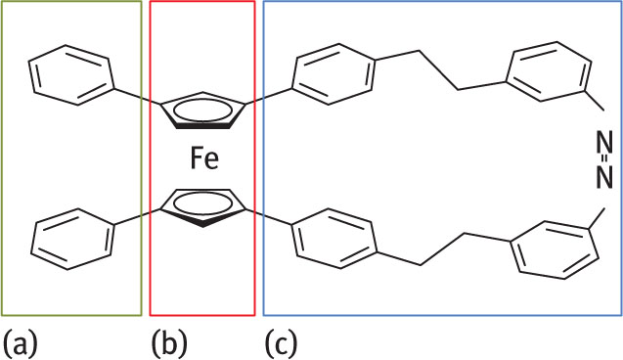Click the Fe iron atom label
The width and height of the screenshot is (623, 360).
point(203,157)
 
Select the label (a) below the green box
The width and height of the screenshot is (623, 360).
point(22,341)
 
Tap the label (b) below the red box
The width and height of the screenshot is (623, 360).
point(168,341)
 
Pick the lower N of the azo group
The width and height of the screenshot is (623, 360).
point(603,176)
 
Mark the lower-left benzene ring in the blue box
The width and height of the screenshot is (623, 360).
point(334,240)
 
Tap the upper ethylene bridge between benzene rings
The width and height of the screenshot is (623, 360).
point(440,74)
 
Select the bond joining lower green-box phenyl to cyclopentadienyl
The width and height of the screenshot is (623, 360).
point(138,215)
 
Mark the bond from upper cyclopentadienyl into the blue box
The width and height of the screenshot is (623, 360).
point(272,94)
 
